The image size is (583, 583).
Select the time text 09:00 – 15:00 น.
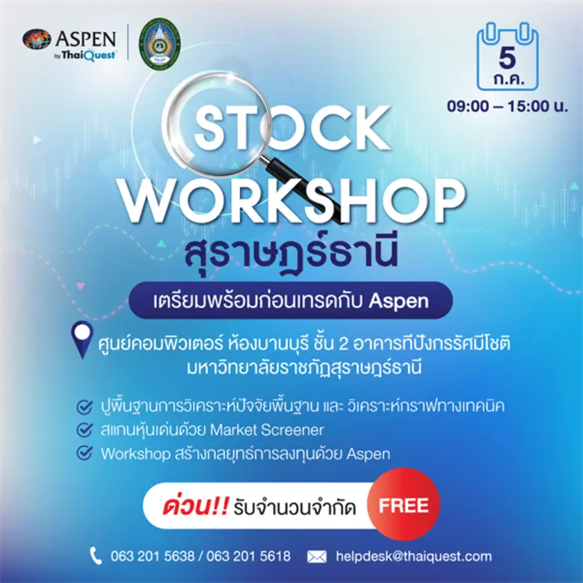(x=508, y=105)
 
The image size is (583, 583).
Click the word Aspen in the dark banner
(x=399, y=301)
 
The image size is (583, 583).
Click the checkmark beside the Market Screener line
(x=85, y=431)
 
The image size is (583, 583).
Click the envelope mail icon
(x=317, y=556)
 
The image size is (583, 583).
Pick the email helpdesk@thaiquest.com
(x=414, y=556)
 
